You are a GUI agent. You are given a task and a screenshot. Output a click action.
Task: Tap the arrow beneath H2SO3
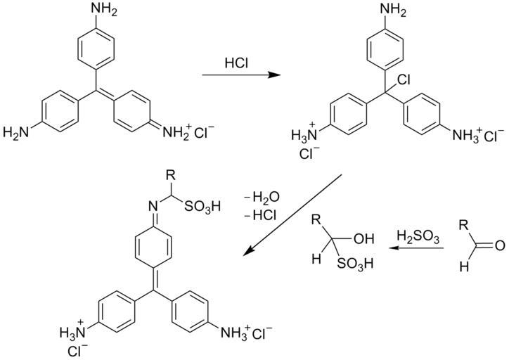414,247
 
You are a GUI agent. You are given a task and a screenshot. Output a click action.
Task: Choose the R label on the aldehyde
464,226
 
